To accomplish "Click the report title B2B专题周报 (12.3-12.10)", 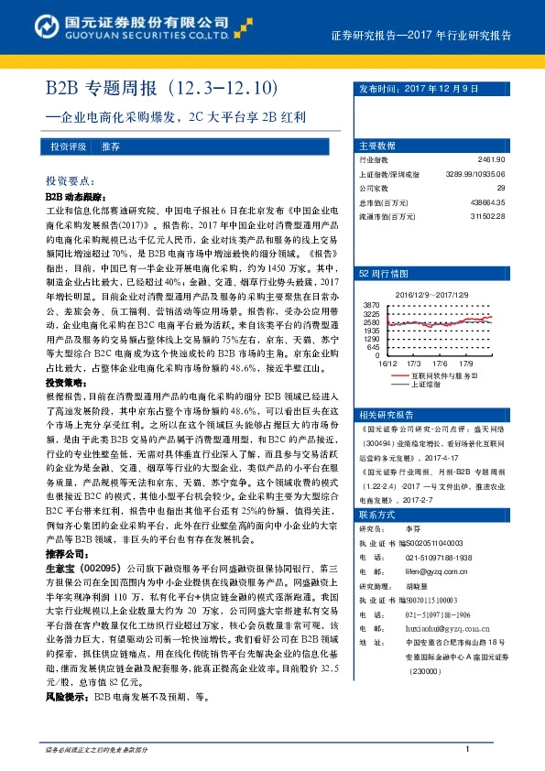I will tap(161, 90).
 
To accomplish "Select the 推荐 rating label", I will tap(111, 147).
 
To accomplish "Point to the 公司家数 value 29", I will tap(500, 188).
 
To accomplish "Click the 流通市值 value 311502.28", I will tap(485, 216).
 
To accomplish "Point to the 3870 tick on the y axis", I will tap(372, 303).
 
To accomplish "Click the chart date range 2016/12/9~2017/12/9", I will tap(432, 294).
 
